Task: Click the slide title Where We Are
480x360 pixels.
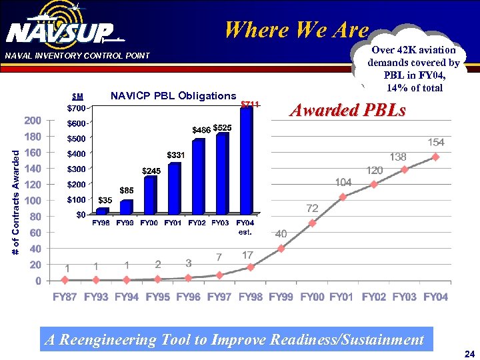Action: coord(296,30)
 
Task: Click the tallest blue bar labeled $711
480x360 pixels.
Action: coord(246,160)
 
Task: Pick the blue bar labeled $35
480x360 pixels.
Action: coord(102,211)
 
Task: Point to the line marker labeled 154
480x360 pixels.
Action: coord(436,157)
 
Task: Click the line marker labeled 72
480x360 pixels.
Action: coord(312,223)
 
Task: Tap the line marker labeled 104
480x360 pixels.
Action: coord(343,197)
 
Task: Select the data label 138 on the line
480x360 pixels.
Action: coord(398,157)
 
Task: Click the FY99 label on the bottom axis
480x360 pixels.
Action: coord(281,297)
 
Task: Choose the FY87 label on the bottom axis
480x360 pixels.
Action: coord(65,297)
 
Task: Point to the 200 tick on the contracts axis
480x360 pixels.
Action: coord(33,121)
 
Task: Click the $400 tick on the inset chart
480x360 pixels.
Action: coord(76,154)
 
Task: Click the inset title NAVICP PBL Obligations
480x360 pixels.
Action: coord(173,96)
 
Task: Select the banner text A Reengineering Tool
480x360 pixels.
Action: coord(234,340)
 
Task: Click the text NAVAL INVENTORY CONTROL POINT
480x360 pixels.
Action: coord(77,55)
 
